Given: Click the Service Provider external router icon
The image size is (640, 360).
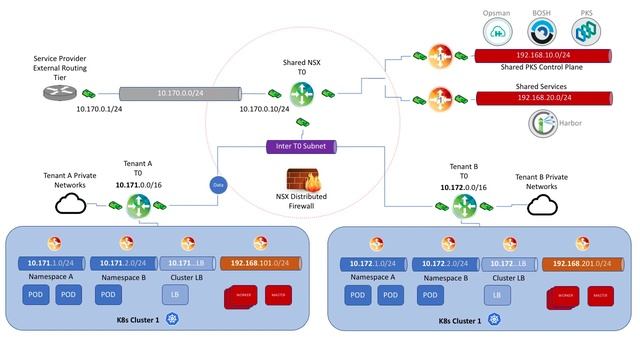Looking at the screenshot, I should coord(50,93).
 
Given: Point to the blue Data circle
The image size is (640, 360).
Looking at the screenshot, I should coord(217,185).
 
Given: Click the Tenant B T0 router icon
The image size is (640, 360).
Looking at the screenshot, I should coord(464,206).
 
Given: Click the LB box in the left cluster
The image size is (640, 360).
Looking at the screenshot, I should coord(176,295).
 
